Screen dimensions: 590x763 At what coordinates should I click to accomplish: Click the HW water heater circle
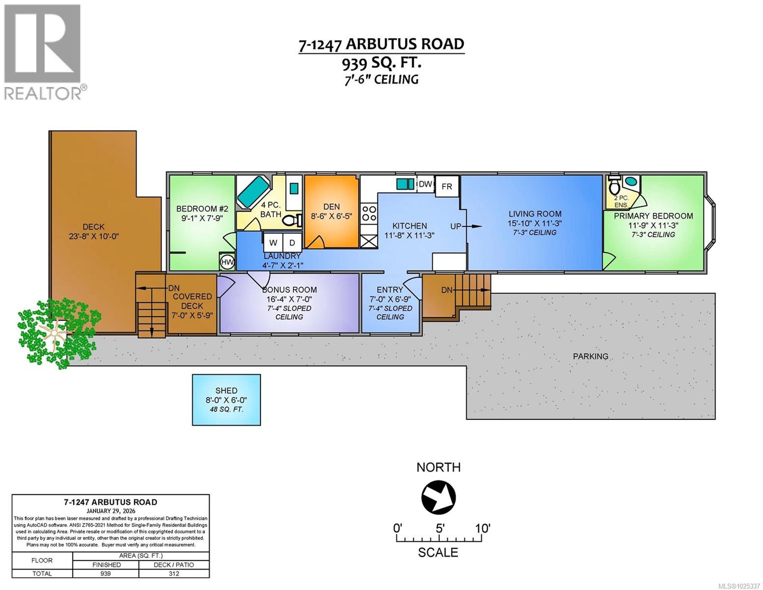(x=227, y=262)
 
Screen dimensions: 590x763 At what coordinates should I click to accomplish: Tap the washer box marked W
(x=274, y=242)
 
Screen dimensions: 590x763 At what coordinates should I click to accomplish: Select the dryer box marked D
(x=292, y=242)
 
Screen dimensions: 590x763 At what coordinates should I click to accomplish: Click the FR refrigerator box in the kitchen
(x=447, y=186)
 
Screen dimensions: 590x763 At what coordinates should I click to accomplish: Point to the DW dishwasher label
(x=425, y=184)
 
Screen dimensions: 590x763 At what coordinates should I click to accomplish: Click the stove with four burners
(x=368, y=213)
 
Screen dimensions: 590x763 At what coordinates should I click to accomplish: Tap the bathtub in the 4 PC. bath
(x=253, y=192)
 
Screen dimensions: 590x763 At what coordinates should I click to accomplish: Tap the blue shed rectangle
(x=226, y=400)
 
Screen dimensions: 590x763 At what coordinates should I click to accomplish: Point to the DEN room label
(x=331, y=206)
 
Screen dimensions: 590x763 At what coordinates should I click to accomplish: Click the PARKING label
(x=590, y=356)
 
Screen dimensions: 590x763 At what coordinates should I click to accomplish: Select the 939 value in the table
(x=105, y=573)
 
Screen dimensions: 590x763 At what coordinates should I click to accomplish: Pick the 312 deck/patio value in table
(x=174, y=573)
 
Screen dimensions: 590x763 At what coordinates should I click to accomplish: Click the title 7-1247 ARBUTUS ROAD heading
(x=381, y=44)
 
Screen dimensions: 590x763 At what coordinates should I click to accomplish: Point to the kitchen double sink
(x=405, y=184)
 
